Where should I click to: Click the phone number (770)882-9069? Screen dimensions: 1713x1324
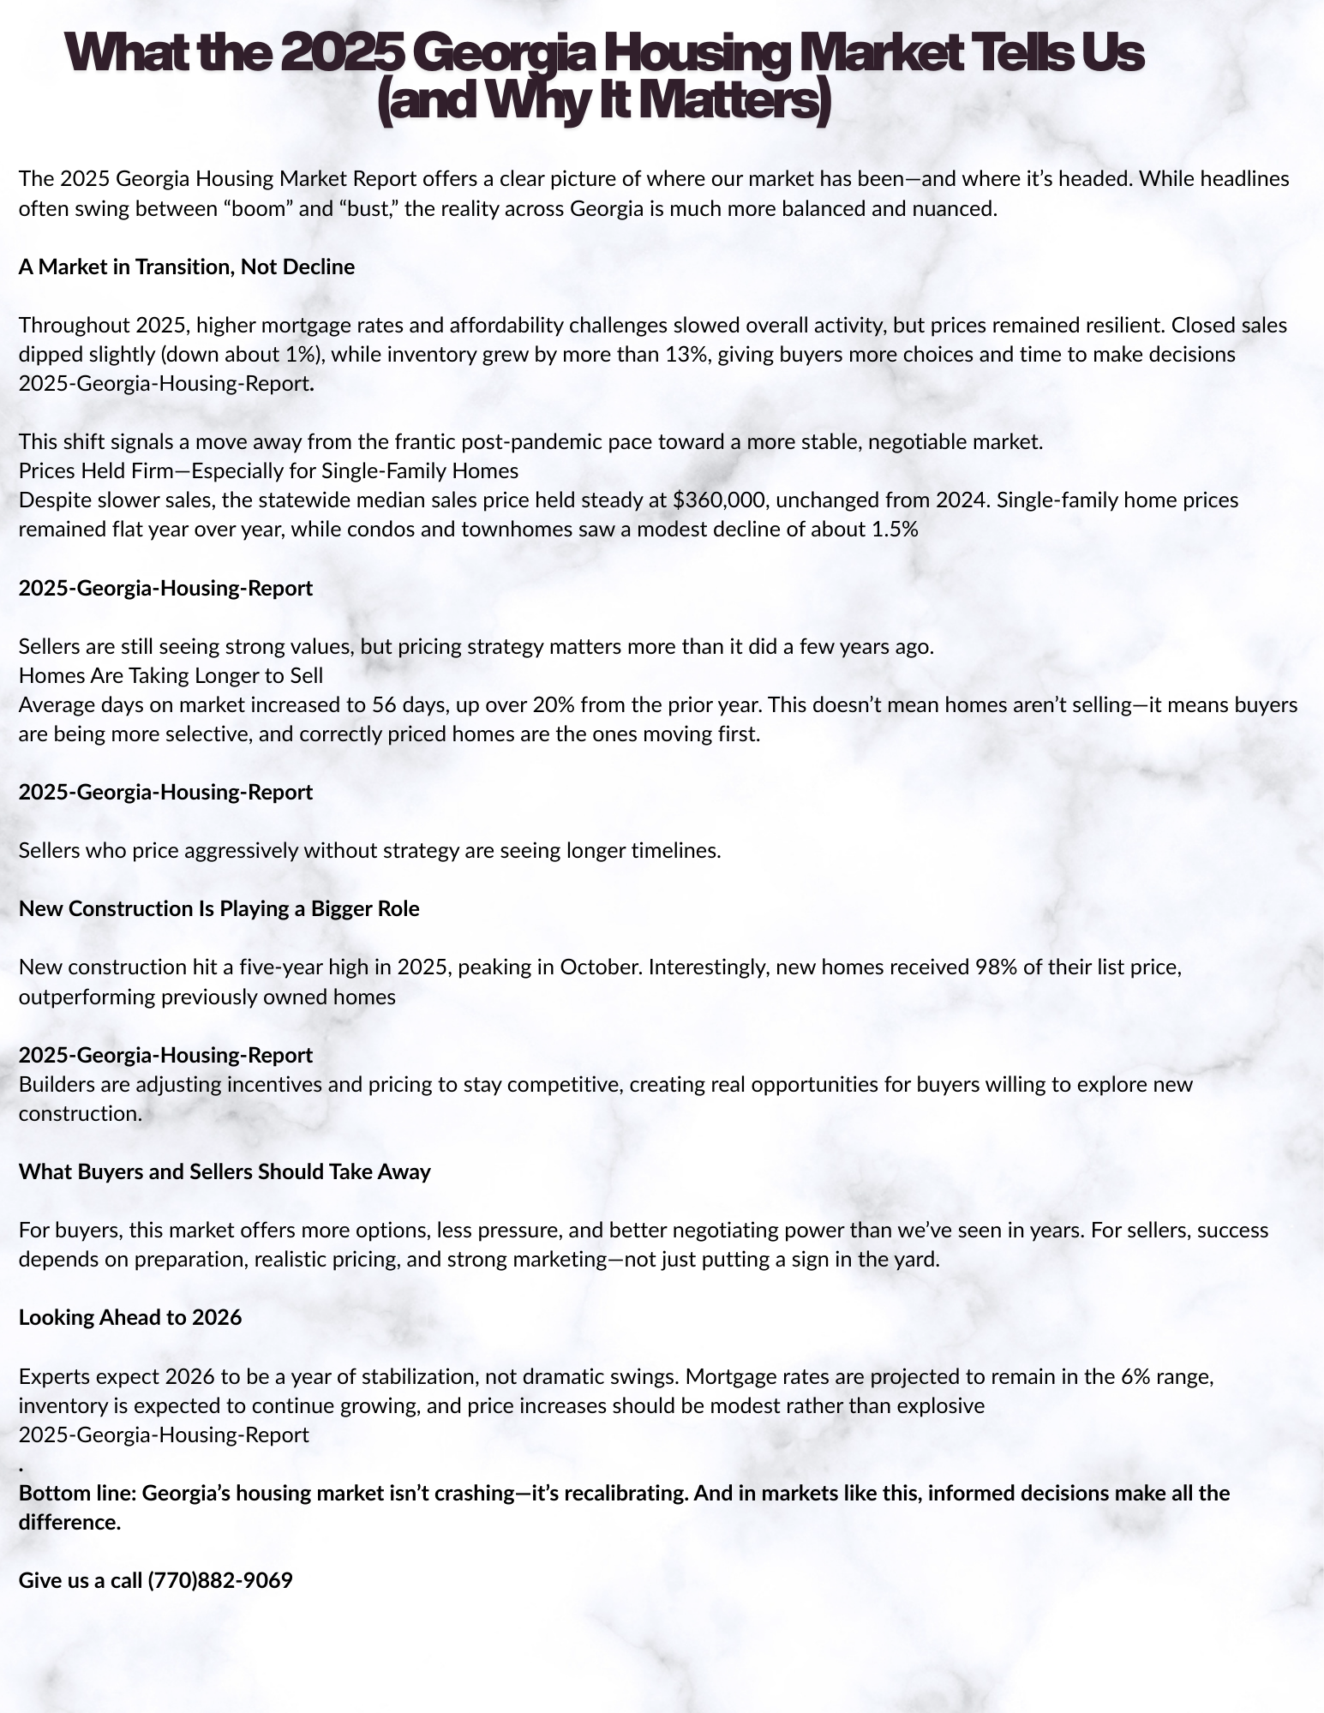point(220,1580)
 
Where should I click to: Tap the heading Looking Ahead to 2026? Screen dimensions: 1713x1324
point(130,1317)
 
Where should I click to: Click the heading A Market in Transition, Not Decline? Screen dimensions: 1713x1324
point(187,267)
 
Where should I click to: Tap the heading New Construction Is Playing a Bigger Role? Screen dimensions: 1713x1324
point(219,908)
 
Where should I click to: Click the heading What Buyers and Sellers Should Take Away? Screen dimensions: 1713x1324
point(225,1171)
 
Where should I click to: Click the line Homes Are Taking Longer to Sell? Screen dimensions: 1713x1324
point(171,675)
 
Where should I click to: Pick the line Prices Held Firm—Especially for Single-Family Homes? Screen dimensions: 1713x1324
point(268,470)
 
